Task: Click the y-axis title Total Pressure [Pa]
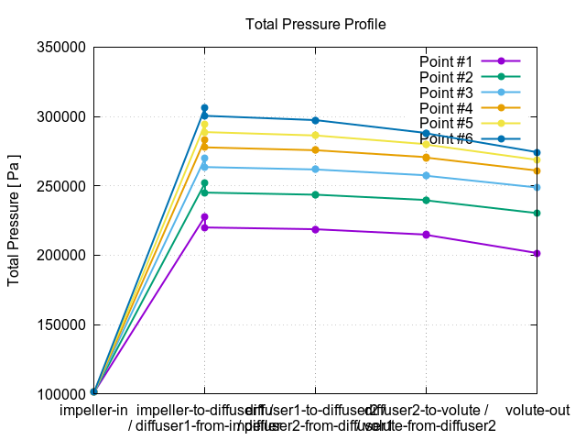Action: click(15, 220)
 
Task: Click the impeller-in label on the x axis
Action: click(93, 410)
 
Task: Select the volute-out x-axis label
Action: click(537, 410)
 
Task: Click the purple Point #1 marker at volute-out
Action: click(537, 253)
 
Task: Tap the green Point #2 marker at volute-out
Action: click(537, 213)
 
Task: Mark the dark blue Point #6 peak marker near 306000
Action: click(204, 108)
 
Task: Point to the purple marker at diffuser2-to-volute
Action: click(426, 235)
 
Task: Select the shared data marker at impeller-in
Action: click(93, 392)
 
